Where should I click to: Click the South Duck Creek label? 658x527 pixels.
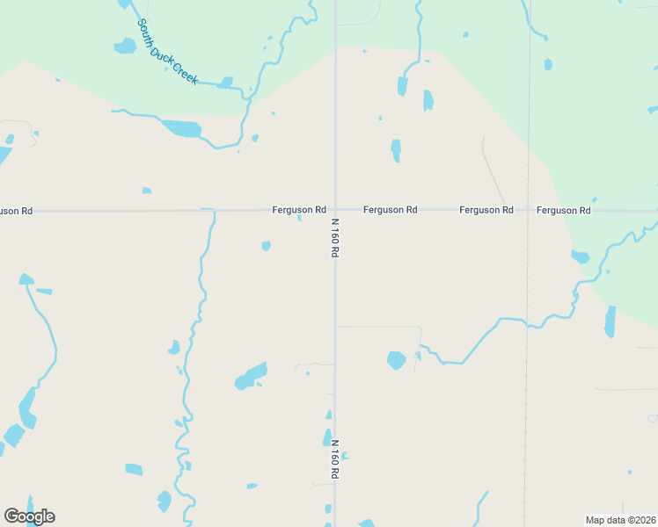tap(167, 53)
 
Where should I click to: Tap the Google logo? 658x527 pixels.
tap(29, 516)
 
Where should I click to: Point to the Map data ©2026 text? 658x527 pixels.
tap(621, 520)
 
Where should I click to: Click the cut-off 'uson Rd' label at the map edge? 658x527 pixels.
tap(16, 211)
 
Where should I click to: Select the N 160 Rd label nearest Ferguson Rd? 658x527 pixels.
tap(334, 238)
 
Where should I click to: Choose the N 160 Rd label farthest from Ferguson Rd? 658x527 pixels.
tap(334, 459)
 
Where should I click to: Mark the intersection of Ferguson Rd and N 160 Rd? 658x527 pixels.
tap(334, 210)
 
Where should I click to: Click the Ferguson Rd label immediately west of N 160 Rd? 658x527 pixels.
tap(299, 210)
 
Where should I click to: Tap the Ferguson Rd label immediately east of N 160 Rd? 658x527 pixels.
tap(390, 210)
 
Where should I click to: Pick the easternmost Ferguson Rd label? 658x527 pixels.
tap(563, 210)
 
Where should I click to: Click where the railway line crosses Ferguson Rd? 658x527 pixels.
tap(529, 210)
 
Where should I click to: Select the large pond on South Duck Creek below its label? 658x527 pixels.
tap(181, 128)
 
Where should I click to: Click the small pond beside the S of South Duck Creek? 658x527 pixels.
tap(125, 46)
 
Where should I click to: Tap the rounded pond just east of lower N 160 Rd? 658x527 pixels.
tap(397, 360)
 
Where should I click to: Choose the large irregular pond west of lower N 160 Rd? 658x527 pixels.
tap(251, 377)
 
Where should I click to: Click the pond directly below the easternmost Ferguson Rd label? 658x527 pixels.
tap(580, 256)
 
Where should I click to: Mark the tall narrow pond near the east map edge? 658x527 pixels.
tap(610, 322)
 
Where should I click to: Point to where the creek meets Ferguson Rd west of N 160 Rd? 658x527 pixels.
tap(209, 211)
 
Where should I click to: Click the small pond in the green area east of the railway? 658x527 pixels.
tap(548, 64)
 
